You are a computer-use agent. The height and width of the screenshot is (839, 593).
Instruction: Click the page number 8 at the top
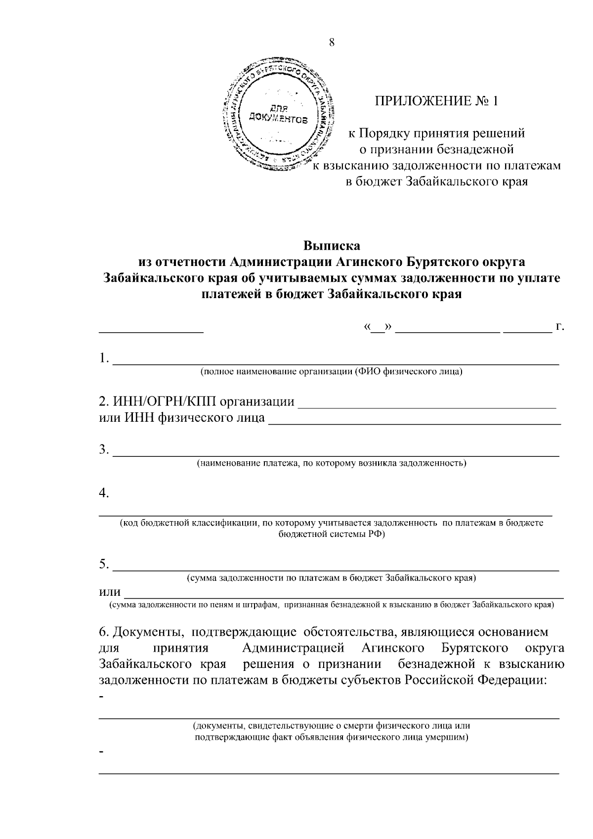pyautogui.click(x=332, y=43)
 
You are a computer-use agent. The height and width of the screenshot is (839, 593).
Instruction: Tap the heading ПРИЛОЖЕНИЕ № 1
pyautogui.click(x=437, y=101)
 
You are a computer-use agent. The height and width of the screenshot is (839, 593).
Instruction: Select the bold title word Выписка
pyautogui.click(x=332, y=245)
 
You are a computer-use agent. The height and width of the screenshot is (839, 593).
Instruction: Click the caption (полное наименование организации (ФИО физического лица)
pyautogui.click(x=331, y=371)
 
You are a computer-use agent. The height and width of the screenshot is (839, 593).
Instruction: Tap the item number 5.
pyautogui.click(x=103, y=564)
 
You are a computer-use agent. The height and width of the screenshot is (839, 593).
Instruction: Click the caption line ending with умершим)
pyautogui.click(x=331, y=737)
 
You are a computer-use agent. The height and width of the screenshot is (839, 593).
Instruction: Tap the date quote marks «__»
pyautogui.click(x=378, y=327)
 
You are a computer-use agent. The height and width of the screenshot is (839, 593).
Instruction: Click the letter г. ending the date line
pyautogui.click(x=560, y=327)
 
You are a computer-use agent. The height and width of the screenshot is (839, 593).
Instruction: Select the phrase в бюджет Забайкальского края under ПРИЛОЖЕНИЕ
pyautogui.click(x=436, y=182)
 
